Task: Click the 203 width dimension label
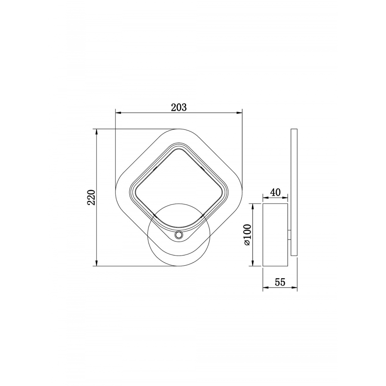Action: point(179,108)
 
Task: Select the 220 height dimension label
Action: point(91,197)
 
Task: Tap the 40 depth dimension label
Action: point(276,192)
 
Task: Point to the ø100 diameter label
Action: point(247,235)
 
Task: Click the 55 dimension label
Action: point(280,282)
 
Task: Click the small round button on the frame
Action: point(179,235)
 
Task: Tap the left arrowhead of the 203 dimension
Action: point(119,113)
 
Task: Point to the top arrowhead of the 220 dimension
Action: point(97,132)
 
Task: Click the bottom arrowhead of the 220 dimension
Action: point(97,263)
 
